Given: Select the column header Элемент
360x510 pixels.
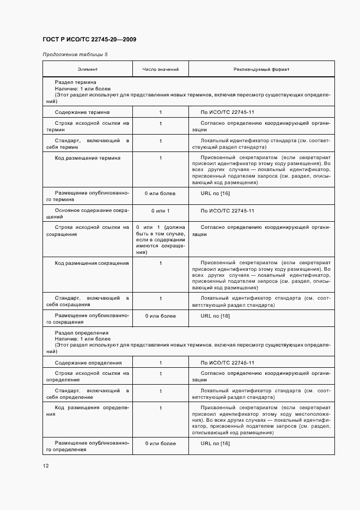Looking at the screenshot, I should (88, 70).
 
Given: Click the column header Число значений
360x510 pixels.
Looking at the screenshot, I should (160, 70).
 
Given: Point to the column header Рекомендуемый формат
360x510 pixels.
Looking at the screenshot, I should (261, 70).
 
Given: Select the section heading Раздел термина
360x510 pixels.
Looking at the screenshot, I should (76, 82).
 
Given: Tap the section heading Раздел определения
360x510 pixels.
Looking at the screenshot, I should (81, 333).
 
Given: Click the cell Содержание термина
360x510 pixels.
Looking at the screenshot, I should (82, 112).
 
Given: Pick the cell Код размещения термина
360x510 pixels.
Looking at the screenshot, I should (88, 158).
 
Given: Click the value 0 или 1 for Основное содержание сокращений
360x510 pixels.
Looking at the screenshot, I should (160, 211).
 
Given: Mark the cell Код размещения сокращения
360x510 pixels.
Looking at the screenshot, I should (91, 263).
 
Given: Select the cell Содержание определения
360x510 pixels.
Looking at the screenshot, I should (88, 362).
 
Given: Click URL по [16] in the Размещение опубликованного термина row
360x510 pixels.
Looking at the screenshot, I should (216, 193).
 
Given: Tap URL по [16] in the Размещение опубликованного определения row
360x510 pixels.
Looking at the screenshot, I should (216, 444).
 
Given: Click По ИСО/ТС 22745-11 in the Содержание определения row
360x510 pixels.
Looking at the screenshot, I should (228, 362).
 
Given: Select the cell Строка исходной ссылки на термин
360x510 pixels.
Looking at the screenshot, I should (88, 127).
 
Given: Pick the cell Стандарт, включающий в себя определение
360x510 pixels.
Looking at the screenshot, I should (88, 394).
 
